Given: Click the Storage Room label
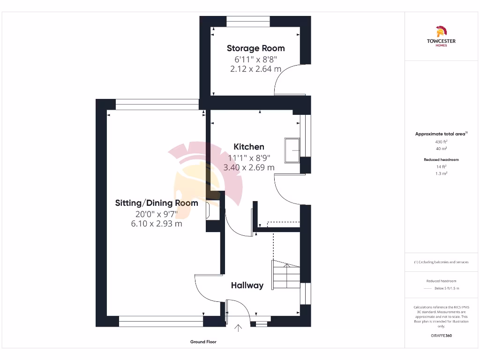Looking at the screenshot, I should [255, 48].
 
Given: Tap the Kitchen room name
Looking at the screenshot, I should [249, 147].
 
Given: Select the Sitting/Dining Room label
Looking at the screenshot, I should [157, 203].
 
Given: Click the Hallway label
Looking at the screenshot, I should [247, 285].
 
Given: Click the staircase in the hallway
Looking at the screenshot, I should [285, 276].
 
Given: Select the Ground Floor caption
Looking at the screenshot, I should [203, 342].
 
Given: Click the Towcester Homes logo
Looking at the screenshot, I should [441, 37].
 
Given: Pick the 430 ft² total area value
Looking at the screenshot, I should [441, 141].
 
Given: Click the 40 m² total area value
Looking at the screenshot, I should [441, 148].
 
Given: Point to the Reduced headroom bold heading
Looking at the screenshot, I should [441, 159].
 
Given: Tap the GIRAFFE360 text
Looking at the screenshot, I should [441, 336].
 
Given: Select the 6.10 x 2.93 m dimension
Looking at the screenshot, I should [157, 224].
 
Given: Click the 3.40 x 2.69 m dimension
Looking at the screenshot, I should [249, 167].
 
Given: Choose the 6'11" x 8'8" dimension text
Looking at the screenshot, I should [255, 59].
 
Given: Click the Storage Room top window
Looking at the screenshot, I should [248, 21].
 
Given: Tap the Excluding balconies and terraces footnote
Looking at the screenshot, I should [441, 262].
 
